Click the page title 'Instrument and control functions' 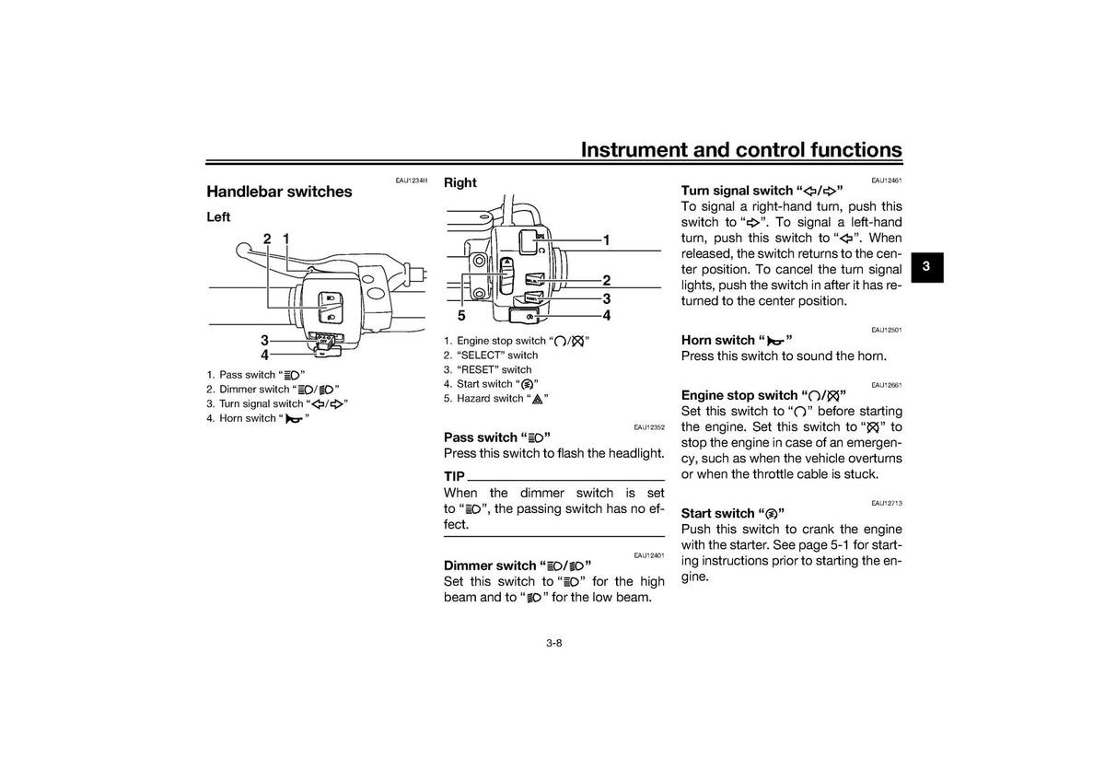[x=741, y=150]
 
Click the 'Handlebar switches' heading [x=279, y=192]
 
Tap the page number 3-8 [x=554, y=644]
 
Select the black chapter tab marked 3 [x=927, y=267]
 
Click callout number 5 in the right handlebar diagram [x=461, y=315]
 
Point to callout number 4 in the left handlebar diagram [x=265, y=355]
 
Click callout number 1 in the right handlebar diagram [x=607, y=240]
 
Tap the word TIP [x=454, y=476]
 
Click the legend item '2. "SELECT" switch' [x=490, y=356]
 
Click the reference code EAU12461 [x=887, y=181]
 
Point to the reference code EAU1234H [x=412, y=181]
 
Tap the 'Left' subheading [x=218, y=217]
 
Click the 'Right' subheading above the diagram [x=460, y=182]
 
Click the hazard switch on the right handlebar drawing [x=506, y=275]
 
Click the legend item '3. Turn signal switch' [x=277, y=404]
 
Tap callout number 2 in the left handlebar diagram [x=267, y=239]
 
